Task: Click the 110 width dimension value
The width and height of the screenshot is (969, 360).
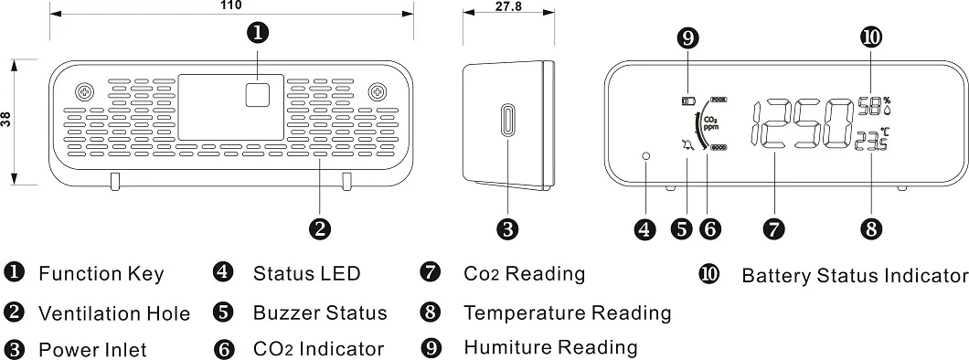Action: pos(231,5)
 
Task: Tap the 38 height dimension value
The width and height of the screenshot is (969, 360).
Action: pos(6,120)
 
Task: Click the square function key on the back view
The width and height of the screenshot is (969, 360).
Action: pos(259,95)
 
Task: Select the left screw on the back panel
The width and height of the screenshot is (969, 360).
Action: pos(84,92)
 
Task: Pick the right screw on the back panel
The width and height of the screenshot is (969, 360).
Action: pos(377,92)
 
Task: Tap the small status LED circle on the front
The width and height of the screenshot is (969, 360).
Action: pos(646,156)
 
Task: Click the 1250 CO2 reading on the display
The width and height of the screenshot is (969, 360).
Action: pos(802,123)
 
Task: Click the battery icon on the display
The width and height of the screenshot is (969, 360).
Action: pos(687,100)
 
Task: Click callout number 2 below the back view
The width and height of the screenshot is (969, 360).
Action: pos(319,229)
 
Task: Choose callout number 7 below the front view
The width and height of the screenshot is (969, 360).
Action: pos(775,229)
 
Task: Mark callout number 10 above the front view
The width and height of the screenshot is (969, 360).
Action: pos(871,37)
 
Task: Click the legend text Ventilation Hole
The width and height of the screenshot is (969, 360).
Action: pos(114,313)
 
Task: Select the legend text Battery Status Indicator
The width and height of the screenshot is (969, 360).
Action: pos(855,275)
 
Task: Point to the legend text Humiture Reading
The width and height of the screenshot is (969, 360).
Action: pos(550,347)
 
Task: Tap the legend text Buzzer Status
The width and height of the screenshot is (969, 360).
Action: pos(320,312)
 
